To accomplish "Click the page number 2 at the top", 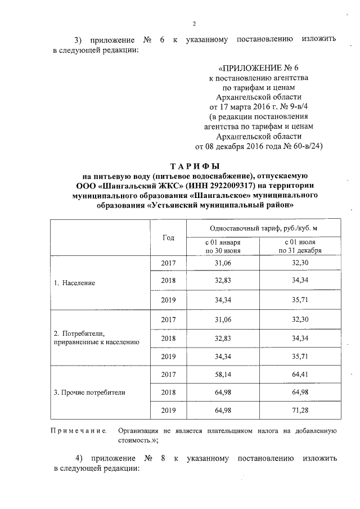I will [194, 23].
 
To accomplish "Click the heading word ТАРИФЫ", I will [194, 166].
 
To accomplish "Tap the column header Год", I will [168, 237].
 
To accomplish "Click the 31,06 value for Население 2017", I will [223, 263].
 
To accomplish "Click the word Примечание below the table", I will [79, 431].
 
